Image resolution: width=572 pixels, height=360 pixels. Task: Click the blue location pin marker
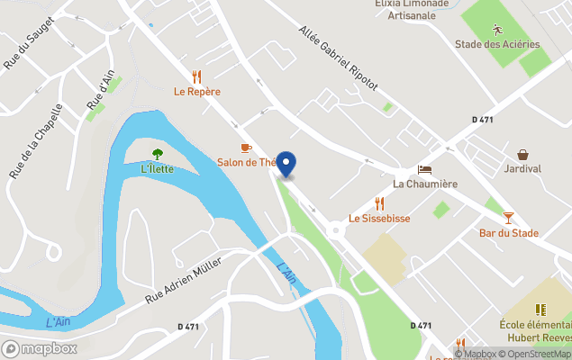pos(286,164)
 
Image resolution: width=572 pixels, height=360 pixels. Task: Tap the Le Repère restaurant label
pos(197,92)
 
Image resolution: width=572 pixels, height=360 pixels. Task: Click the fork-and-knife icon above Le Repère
pos(197,76)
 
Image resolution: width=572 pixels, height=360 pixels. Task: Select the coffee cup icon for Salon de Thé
pos(246,147)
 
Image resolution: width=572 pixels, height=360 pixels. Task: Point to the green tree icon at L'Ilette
pos(158,154)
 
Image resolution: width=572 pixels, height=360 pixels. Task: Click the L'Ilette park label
pos(158,169)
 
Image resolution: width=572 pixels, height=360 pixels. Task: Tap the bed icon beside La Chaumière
pos(425,169)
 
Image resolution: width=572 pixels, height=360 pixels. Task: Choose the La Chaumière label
pos(425,184)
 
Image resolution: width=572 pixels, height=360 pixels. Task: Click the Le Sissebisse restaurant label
pos(379,219)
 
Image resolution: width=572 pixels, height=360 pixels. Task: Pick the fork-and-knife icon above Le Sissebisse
pos(379,203)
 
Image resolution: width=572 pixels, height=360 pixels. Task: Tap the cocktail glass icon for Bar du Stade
pos(509,218)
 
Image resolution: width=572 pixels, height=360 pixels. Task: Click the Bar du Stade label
pos(509,233)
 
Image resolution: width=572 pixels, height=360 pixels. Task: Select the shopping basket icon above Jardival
pos(522,154)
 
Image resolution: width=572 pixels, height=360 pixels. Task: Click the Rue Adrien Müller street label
pos(184,284)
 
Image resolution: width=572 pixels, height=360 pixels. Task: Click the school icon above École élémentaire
pos(541,310)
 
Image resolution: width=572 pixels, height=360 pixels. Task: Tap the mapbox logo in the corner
pos(40,348)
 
